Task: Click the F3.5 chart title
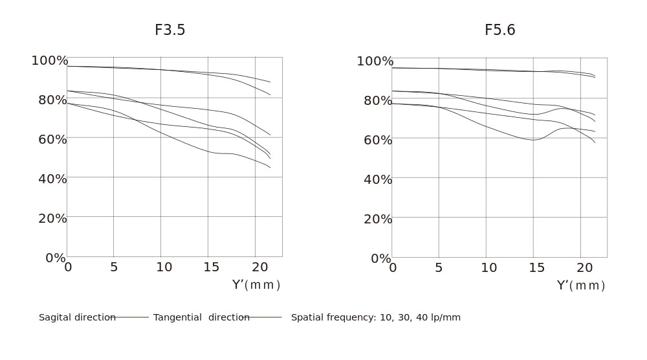tap(170, 30)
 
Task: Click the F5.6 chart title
tap(499, 30)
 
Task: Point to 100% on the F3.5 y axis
tap(50, 61)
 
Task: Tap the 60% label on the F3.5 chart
tap(52, 139)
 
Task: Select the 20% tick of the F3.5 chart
tap(52, 218)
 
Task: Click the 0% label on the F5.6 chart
tap(380, 258)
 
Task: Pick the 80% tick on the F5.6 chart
tap(378, 100)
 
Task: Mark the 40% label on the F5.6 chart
tap(378, 179)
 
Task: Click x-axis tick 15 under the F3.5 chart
tap(211, 267)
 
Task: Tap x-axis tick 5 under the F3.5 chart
tap(114, 267)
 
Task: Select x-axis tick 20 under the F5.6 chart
tap(584, 268)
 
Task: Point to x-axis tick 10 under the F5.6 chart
tap(489, 268)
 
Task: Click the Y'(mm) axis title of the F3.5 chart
tap(256, 285)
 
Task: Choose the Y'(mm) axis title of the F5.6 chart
tap(581, 286)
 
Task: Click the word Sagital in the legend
tap(54, 317)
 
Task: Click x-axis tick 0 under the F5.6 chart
tap(393, 268)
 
